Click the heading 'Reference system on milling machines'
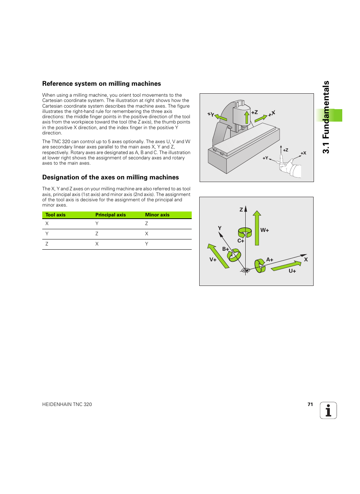point(102,84)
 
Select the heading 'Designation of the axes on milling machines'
point(111,178)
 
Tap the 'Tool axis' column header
point(55,215)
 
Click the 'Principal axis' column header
point(111,215)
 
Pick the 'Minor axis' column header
point(157,215)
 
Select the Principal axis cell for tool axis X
point(97,224)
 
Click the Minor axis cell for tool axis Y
point(147,234)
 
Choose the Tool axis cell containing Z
point(47,244)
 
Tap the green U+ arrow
point(286,266)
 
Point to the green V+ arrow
point(218,256)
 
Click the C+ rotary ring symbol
point(245,232)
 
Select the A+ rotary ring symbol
point(260,266)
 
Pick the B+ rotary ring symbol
point(234,256)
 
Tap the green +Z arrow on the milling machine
point(247,117)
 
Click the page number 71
point(310,404)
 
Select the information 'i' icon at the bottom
point(328,411)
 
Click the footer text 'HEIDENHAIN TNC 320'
point(67,404)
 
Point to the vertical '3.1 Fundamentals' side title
point(326,117)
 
